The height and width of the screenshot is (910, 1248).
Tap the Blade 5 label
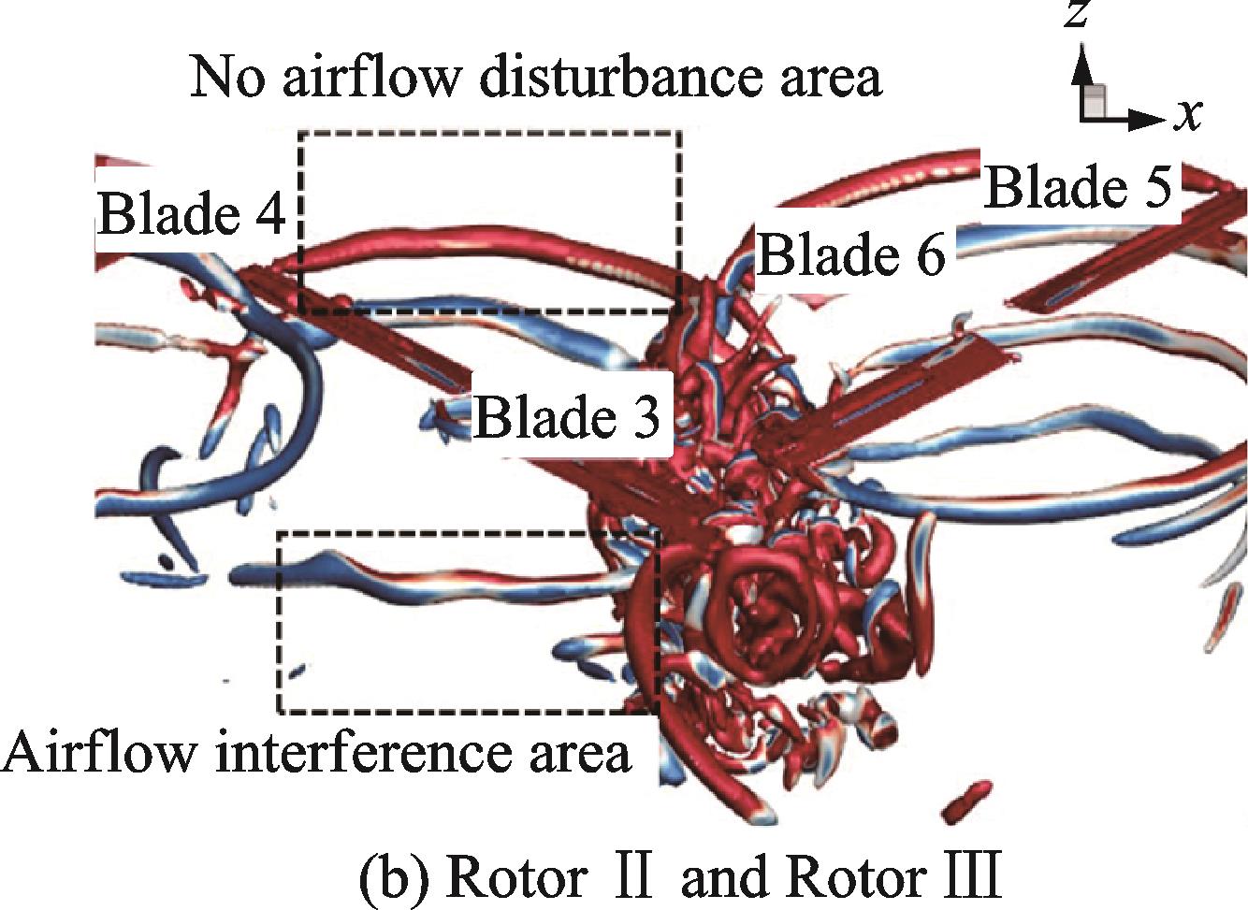pyautogui.click(x=1078, y=187)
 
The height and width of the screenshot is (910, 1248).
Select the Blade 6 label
pyautogui.click(x=850, y=254)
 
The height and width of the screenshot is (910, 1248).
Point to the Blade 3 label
pyautogui.click(x=567, y=416)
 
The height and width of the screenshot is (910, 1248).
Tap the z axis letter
pyautogui.click(x=1081, y=15)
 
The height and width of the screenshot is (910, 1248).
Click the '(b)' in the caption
pyautogui.click(x=385, y=878)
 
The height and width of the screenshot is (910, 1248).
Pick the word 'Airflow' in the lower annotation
pyautogui.click(x=101, y=753)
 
